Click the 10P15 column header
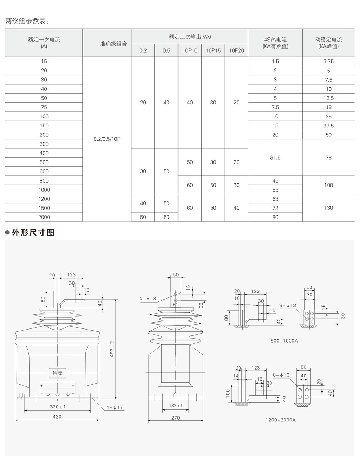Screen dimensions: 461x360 point(213,51)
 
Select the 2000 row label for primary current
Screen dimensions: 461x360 point(44,217)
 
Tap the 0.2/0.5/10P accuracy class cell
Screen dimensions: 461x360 point(107,139)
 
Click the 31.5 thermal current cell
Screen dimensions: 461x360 point(275,157)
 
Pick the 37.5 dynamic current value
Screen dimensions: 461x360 point(328,126)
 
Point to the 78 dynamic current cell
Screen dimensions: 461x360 point(328,157)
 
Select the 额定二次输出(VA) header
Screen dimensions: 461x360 point(189,36)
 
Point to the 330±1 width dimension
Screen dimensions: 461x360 point(58,407)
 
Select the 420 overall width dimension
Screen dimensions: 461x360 point(57,417)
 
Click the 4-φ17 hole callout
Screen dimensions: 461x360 point(114,408)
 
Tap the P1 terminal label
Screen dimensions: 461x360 point(176,305)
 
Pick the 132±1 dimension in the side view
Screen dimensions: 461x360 point(175,406)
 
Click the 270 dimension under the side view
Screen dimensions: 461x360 point(175,418)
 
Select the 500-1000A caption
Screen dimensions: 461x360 point(284,340)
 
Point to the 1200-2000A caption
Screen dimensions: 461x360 point(280,420)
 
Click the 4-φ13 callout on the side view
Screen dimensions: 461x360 point(148,299)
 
